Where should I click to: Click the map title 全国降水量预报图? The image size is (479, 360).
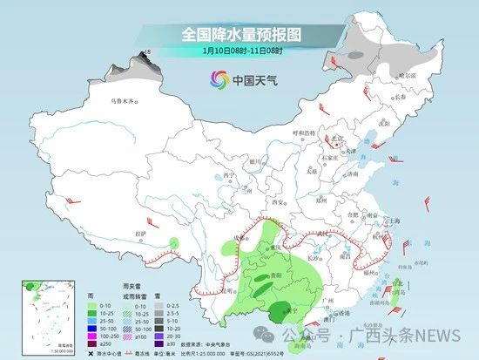pyautogui.click(x=239, y=34)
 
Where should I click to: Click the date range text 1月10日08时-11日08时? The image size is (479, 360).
pyautogui.click(x=239, y=51)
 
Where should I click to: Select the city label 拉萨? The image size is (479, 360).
pyautogui.click(x=140, y=234)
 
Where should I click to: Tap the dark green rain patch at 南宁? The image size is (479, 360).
pyautogui.click(x=281, y=310)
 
